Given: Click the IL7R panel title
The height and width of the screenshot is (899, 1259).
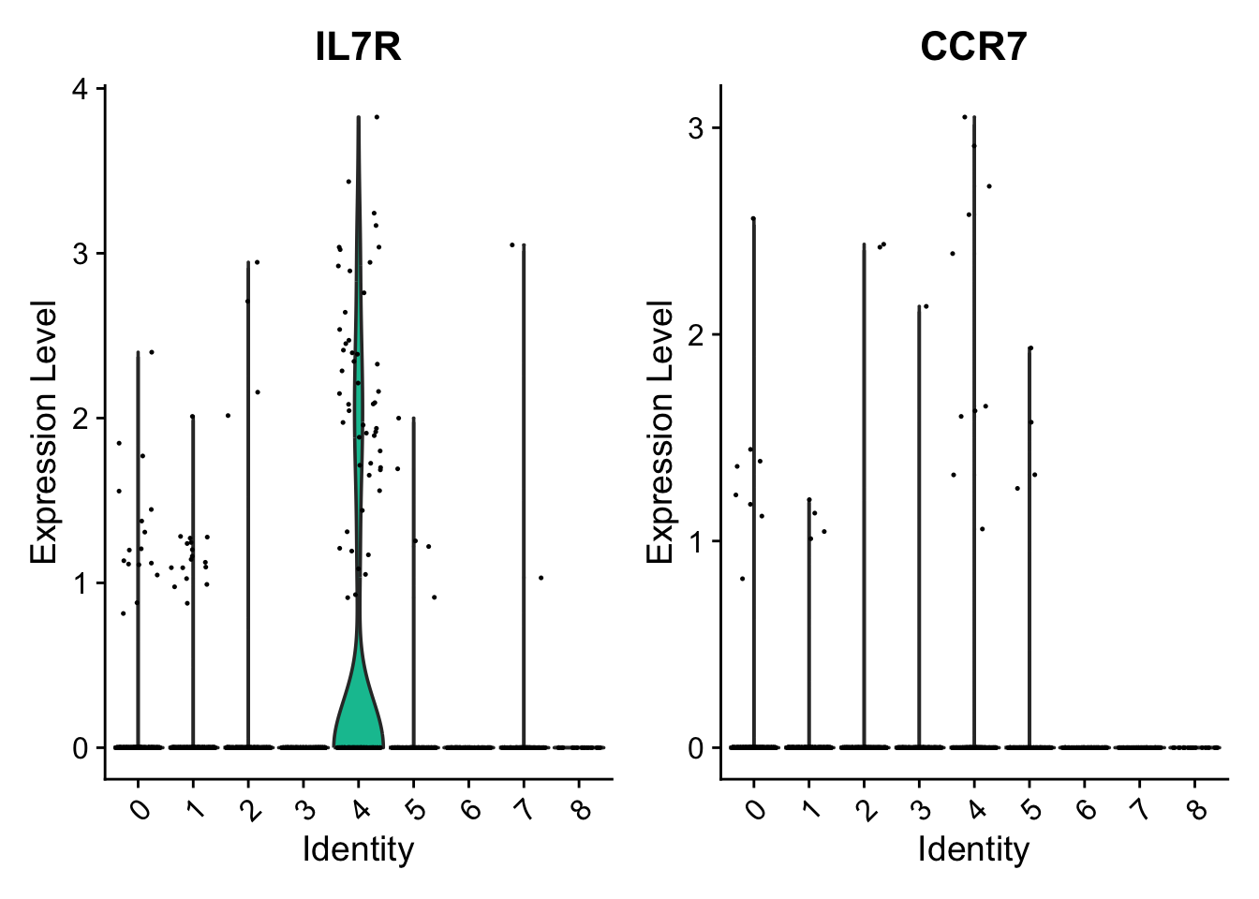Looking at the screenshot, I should pyautogui.click(x=358, y=47).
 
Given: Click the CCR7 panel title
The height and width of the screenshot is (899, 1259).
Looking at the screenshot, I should pyautogui.click(x=973, y=47).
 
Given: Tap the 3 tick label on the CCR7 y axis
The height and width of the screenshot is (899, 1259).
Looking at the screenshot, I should pyautogui.click(x=695, y=128).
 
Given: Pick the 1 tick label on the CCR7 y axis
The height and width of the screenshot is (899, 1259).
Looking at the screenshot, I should pyautogui.click(x=695, y=541).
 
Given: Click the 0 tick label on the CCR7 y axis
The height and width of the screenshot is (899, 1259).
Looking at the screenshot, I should pyautogui.click(x=695, y=748).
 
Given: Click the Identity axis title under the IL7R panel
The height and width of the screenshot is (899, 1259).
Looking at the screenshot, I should pyautogui.click(x=358, y=849).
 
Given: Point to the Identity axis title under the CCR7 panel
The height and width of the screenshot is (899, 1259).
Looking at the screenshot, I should pyautogui.click(x=973, y=849).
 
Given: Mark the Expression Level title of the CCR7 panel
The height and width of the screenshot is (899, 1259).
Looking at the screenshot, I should pyautogui.click(x=660, y=433).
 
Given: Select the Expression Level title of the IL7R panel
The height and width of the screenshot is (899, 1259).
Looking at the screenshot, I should pyautogui.click(x=44, y=433).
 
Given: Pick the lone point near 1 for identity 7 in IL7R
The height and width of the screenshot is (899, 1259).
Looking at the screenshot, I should pyautogui.click(x=541, y=578).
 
